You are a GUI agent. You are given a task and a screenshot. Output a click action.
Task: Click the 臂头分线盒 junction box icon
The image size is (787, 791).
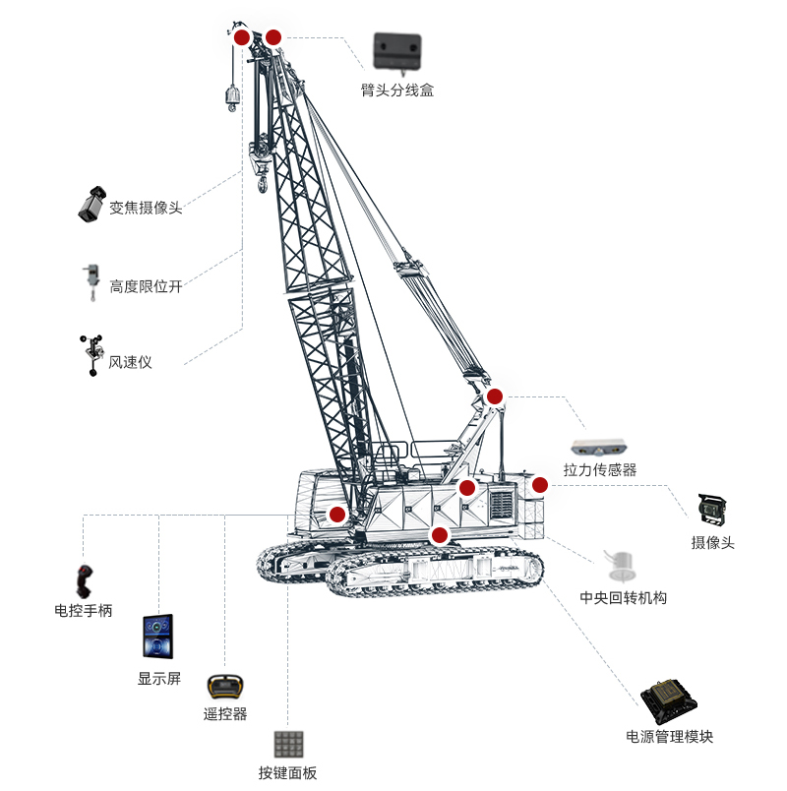[x=397, y=52]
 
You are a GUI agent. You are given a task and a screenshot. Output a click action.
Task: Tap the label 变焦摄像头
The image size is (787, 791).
[x=146, y=208]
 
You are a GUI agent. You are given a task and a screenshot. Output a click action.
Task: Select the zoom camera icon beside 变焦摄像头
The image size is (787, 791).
[x=92, y=205]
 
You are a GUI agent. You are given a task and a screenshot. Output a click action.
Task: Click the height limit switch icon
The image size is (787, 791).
[x=91, y=282]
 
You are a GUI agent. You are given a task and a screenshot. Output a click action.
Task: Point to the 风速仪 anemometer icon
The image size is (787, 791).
[x=92, y=355]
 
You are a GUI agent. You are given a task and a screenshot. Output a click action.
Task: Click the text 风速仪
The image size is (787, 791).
[x=130, y=362]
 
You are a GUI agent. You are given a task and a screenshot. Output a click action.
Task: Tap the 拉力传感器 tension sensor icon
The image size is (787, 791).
[x=599, y=448]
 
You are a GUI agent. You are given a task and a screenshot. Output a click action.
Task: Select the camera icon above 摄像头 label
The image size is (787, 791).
[x=712, y=510]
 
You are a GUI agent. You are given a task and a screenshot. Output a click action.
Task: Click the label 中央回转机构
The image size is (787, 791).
[x=624, y=598]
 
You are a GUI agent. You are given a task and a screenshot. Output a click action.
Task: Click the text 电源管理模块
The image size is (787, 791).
[x=670, y=737]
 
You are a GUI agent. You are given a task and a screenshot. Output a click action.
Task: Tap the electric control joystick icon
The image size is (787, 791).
[x=84, y=580]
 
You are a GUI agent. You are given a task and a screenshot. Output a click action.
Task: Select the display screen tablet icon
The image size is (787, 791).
[x=158, y=637]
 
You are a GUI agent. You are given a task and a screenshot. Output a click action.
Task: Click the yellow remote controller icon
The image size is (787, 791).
[x=225, y=687]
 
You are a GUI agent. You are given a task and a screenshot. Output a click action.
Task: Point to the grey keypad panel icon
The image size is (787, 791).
[x=288, y=744]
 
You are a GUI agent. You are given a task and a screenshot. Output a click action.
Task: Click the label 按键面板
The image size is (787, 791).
[x=287, y=773]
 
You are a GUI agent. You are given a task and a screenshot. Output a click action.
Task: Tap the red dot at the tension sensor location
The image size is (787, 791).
[x=495, y=396]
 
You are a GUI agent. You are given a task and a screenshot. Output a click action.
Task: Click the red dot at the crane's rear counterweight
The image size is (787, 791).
[x=540, y=485]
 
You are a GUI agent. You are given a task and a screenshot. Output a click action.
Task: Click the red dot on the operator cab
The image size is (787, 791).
[x=337, y=515]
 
